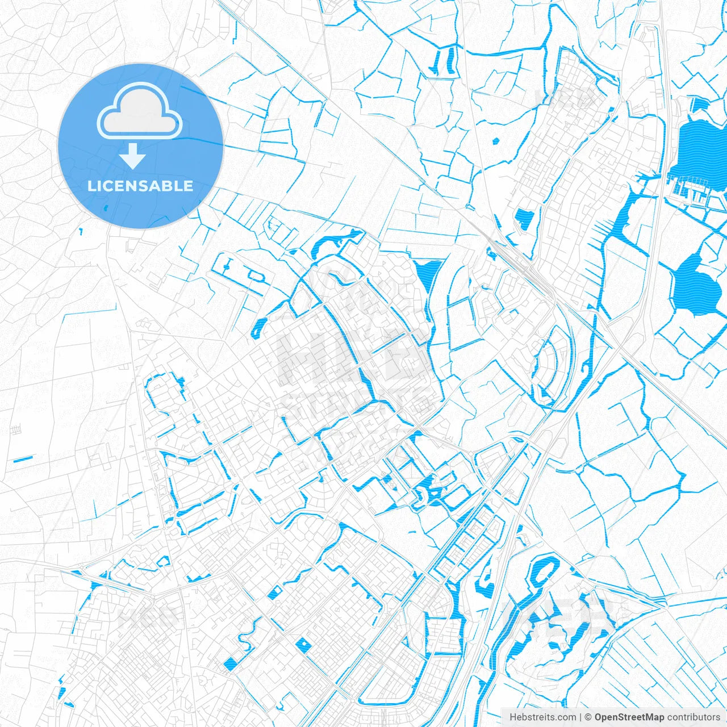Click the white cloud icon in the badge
(x=140, y=112)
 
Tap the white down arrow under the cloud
(x=133, y=156)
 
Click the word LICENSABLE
(x=140, y=186)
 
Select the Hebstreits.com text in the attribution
(x=542, y=717)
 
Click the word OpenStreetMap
(x=629, y=717)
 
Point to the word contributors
(x=693, y=717)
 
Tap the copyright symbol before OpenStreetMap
(x=588, y=717)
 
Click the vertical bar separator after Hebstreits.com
(x=580, y=717)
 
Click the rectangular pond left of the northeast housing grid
(x=523, y=219)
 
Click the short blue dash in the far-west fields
(x=23, y=458)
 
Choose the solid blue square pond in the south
(x=231, y=663)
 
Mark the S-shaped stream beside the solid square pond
(x=248, y=635)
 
